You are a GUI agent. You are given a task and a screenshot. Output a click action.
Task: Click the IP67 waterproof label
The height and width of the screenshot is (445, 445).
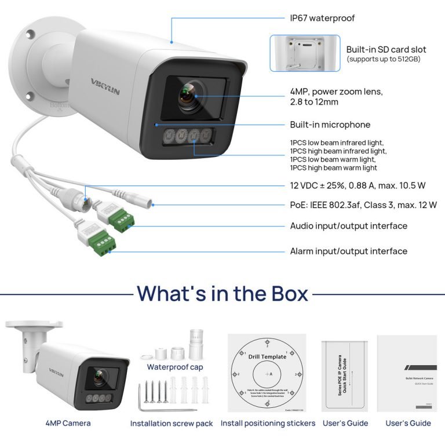pyautogui.click(x=322, y=18)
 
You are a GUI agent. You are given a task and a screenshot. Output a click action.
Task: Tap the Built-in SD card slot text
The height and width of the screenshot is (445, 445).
pyautogui.click(x=386, y=50)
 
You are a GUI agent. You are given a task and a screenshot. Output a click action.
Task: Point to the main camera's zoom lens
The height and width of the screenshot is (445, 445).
pyautogui.click(x=189, y=95)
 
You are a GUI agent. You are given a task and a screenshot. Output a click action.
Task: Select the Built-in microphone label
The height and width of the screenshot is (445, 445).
pyautogui.click(x=330, y=125)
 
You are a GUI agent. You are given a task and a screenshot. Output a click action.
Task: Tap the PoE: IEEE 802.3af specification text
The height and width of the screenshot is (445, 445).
pyautogui.click(x=363, y=205)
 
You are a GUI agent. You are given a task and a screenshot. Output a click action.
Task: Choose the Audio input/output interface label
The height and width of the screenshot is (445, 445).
pyautogui.click(x=348, y=226)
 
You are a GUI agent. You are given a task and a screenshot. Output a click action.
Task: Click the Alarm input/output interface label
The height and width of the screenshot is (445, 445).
pyautogui.click(x=348, y=251)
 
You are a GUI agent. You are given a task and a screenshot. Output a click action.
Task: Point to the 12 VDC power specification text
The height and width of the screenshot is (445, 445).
pyautogui.click(x=358, y=185)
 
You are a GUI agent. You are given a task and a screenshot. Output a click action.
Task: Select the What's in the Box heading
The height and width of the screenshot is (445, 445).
pyautogui.click(x=222, y=293)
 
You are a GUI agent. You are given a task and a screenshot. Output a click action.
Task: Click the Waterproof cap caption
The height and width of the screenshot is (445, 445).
pyautogui.click(x=174, y=367)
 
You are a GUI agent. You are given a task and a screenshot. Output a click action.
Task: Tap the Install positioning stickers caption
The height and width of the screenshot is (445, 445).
pyautogui.click(x=268, y=424)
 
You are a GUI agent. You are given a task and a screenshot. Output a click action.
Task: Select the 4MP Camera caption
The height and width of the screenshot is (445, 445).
pyautogui.click(x=68, y=424)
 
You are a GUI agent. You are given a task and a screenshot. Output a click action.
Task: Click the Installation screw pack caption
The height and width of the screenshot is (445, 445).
pyautogui.click(x=172, y=424)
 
